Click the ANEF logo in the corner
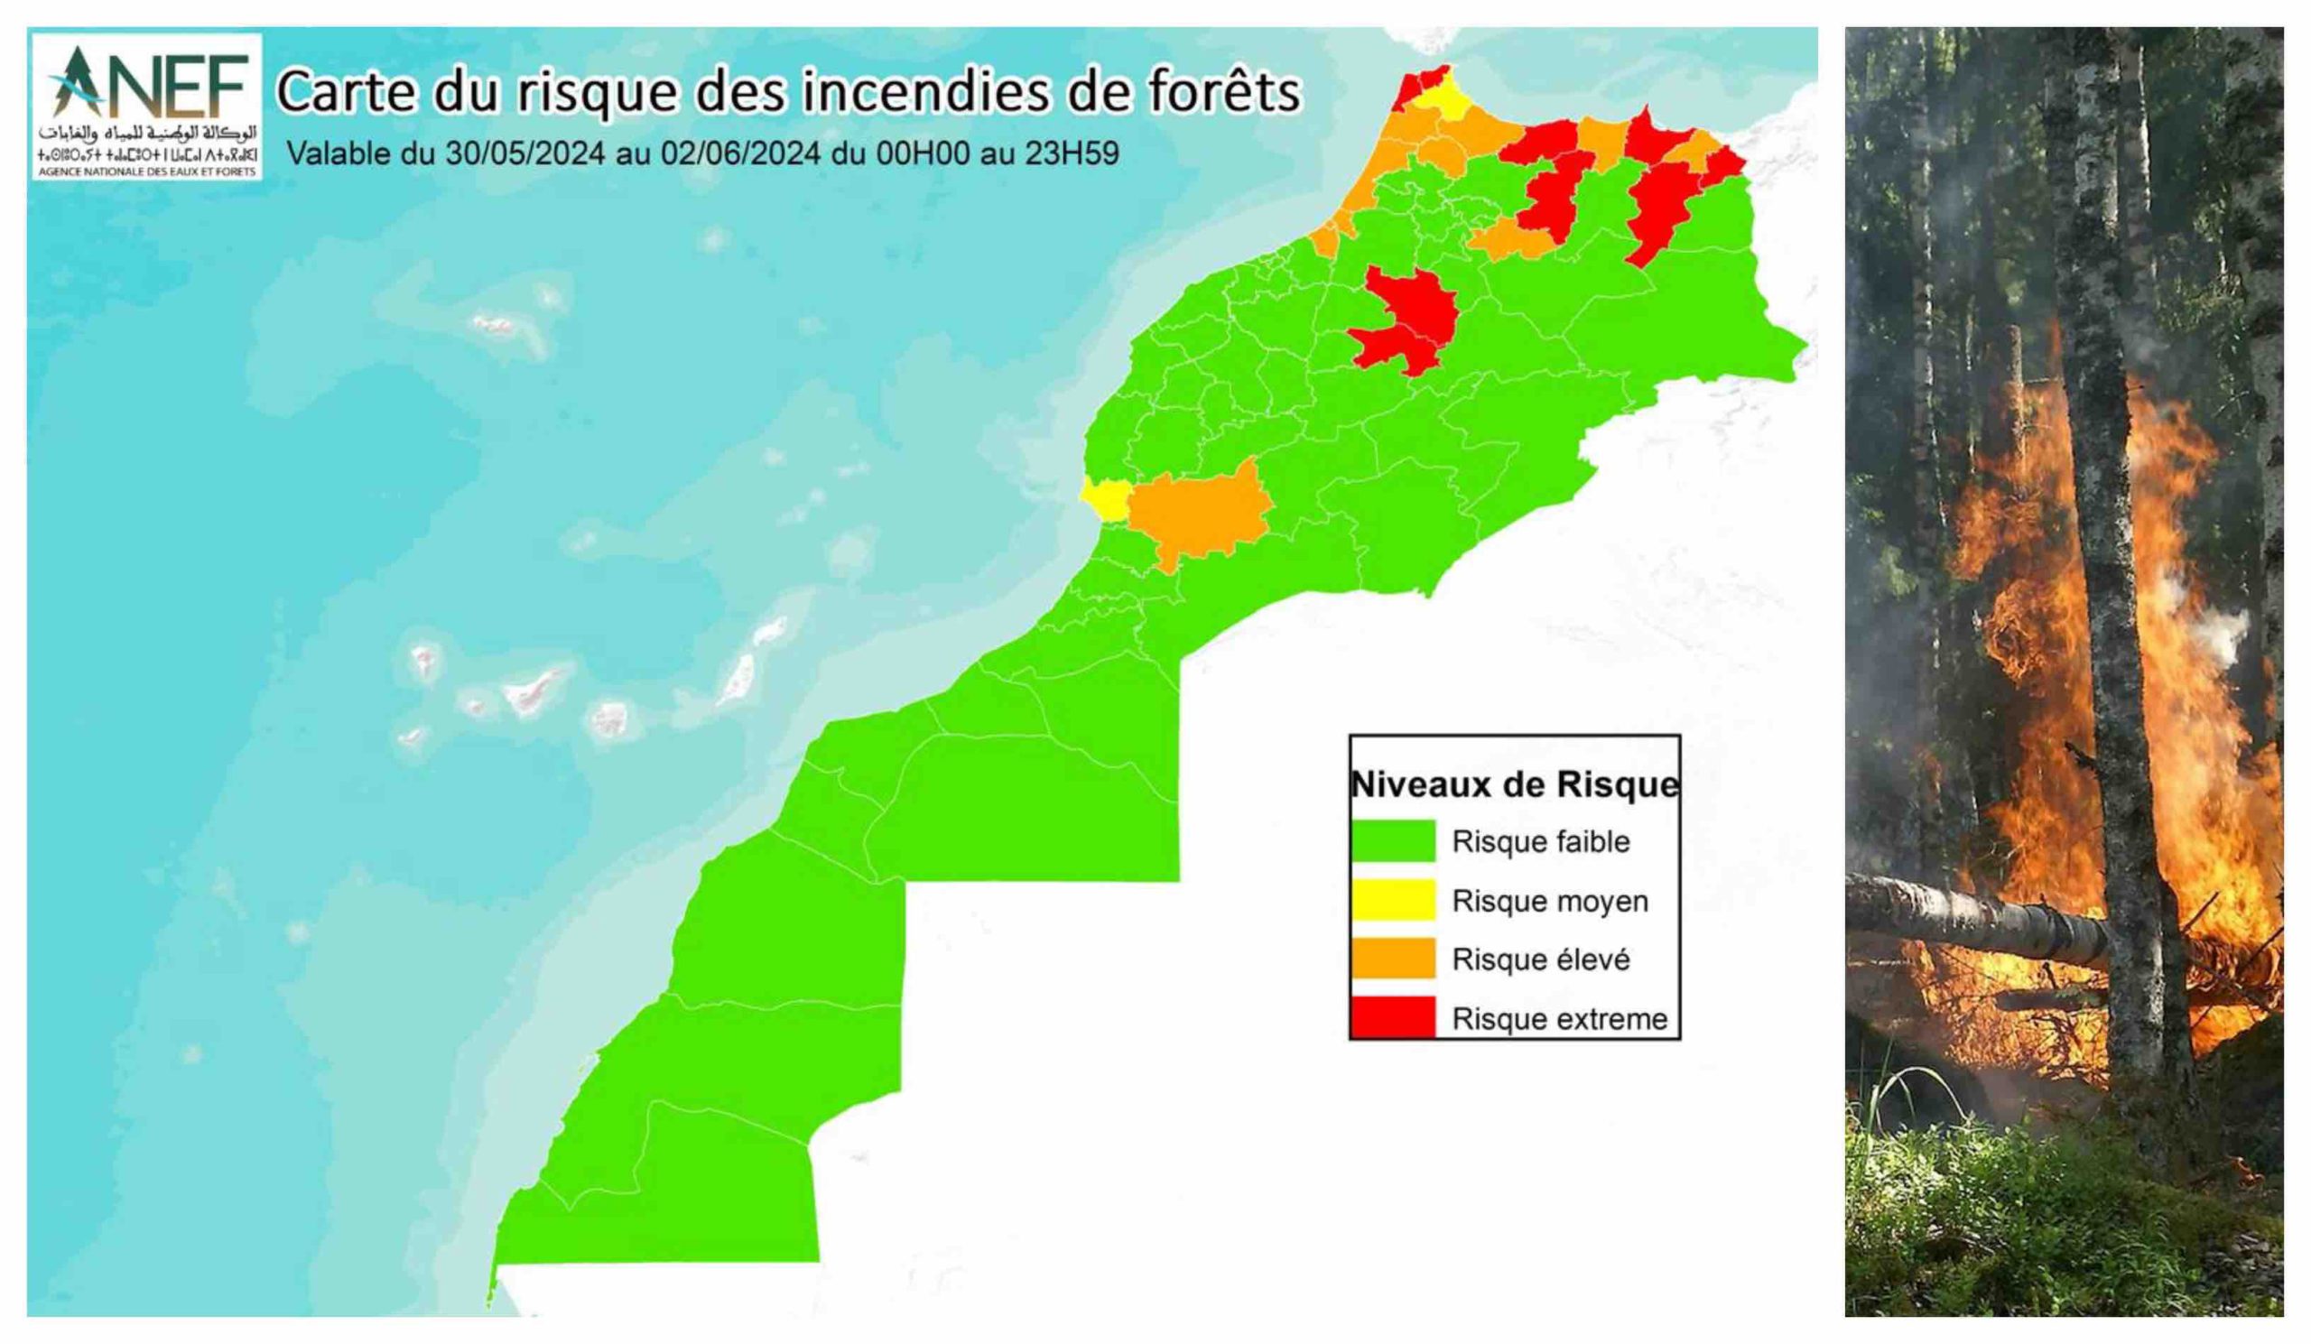pyautogui.click(x=147, y=107)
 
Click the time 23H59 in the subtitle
pyautogui.click(x=1072, y=153)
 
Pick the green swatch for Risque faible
pyautogui.click(x=1392, y=840)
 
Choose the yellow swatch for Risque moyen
pyautogui.click(x=1392, y=899)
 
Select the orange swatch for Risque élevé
pyautogui.click(x=1392, y=959)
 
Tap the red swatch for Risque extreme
pyautogui.click(x=1392, y=1017)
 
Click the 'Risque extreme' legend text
pyautogui.click(x=1559, y=1018)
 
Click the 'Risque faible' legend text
pyautogui.click(x=1541, y=841)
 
